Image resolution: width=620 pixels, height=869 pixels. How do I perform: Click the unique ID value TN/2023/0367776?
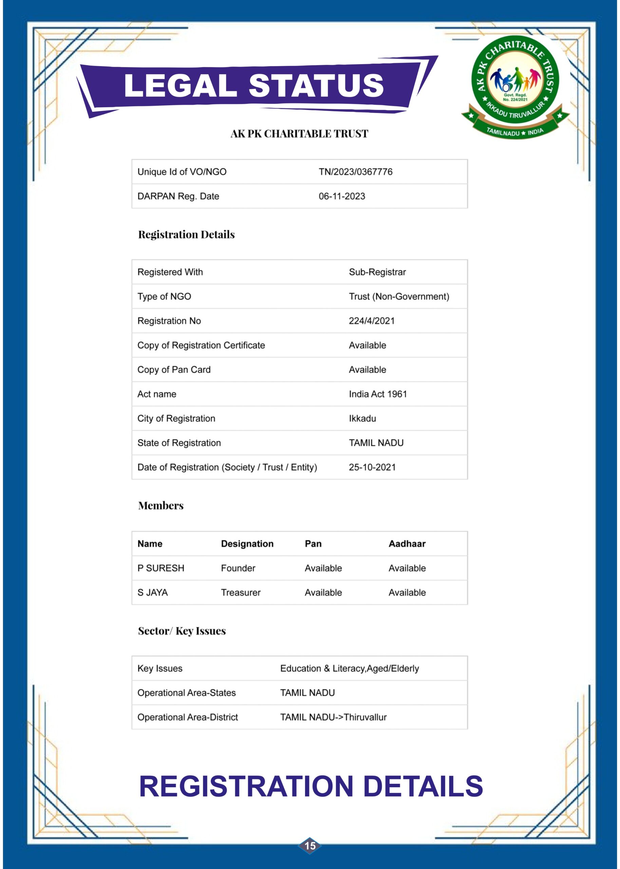355,172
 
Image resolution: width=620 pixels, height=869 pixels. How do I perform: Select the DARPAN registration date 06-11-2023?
342,196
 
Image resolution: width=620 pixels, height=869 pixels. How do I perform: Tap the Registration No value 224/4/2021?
372,321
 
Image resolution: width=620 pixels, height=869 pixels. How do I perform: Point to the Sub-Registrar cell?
377,272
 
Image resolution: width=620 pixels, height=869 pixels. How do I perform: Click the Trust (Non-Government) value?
398,296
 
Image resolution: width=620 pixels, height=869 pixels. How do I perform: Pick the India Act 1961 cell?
378,394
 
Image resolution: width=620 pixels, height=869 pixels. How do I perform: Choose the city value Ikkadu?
362,419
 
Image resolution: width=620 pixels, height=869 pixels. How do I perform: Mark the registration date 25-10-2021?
372,467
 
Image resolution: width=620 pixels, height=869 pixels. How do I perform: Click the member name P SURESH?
161,568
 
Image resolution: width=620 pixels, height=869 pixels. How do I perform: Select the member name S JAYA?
152,593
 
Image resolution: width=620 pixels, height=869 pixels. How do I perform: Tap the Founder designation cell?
238,568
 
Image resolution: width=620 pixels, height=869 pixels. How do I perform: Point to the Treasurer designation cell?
241,593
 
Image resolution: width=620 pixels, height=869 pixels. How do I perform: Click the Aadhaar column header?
407,544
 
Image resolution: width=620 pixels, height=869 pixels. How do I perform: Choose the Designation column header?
247,544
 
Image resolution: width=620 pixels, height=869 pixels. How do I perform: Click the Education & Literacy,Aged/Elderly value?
349,668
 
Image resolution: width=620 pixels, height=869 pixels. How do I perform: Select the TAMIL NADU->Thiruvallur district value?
333,717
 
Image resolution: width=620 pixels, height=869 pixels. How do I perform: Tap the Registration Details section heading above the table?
186,235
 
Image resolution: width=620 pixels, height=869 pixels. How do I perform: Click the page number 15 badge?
309,846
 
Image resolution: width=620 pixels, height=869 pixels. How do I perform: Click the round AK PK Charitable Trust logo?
515,86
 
